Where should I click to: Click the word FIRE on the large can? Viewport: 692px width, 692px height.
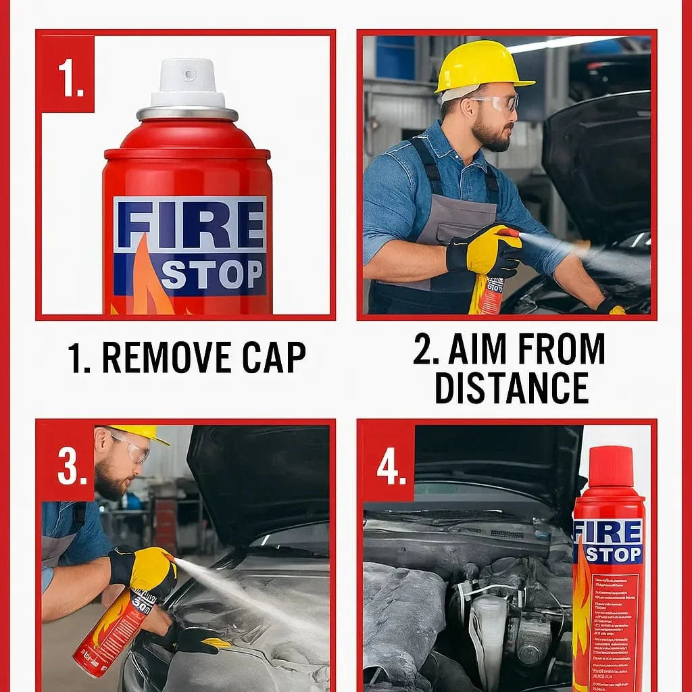(190, 225)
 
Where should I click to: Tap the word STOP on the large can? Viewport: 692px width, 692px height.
(211, 274)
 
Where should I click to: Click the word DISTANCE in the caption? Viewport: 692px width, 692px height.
(511, 387)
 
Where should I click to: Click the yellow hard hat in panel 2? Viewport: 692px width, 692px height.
(482, 65)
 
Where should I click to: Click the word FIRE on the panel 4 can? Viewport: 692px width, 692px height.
(608, 533)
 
